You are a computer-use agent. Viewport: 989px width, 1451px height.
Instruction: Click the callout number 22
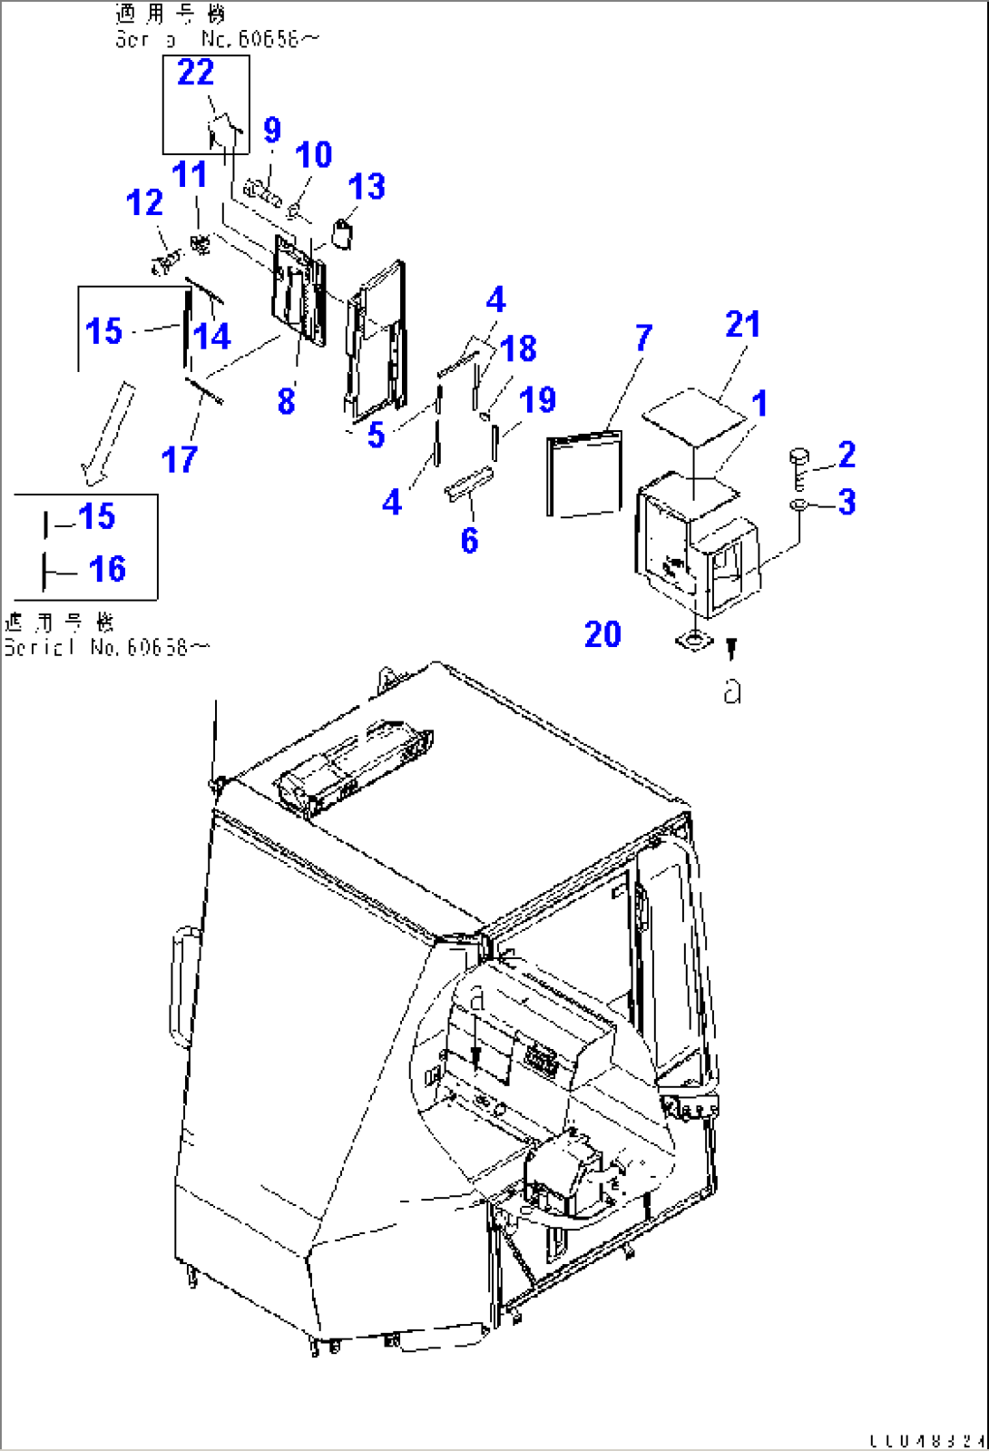[195, 73]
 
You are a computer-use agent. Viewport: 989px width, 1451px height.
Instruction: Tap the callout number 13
[367, 187]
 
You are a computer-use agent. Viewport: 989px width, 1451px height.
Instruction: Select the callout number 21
[742, 325]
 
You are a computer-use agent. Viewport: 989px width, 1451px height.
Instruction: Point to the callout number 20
[602, 634]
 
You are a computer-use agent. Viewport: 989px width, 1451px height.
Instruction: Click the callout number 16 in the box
[107, 570]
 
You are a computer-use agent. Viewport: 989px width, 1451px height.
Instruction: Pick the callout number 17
[179, 460]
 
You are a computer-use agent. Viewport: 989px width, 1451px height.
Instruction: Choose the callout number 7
[643, 338]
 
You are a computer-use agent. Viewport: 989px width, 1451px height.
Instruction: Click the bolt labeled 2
[799, 466]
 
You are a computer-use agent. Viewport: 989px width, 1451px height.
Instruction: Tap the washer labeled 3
[798, 505]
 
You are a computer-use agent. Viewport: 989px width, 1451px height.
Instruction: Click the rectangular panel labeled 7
[584, 475]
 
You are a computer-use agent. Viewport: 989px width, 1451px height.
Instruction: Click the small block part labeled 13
[343, 233]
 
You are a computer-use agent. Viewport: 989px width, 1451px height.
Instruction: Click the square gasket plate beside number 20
[694, 642]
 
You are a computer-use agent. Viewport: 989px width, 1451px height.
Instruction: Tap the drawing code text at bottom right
[926, 1440]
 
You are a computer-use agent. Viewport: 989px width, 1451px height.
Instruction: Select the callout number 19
[537, 400]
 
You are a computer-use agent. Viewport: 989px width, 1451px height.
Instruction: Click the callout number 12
[144, 203]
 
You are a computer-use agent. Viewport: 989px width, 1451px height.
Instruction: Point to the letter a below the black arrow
[732, 691]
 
